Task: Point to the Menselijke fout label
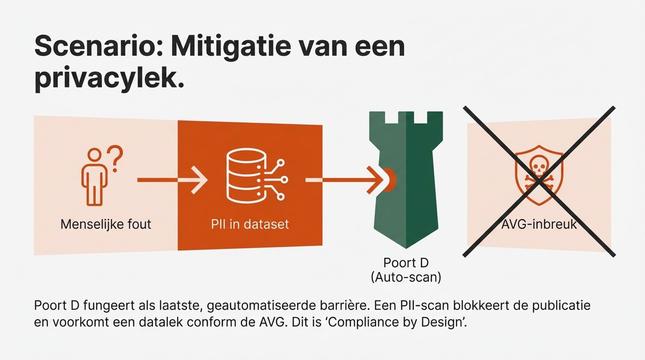click(106, 224)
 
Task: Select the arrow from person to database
click(172, 180)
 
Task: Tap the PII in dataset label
click(250, 224)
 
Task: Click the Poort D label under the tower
click(406, 263)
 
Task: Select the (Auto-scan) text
click(406, 277)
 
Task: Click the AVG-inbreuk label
click(539, 224)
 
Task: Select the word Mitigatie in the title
click(230, 46)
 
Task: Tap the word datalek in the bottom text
click(161, 322)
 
